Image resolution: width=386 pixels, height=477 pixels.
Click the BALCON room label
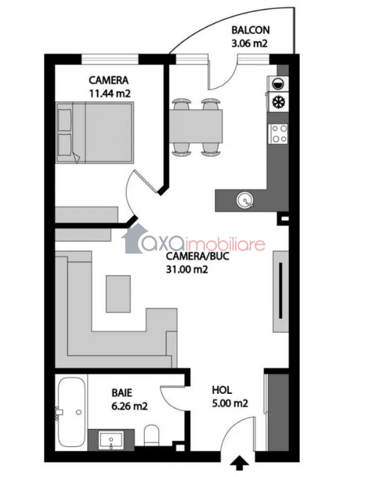pos(250,30)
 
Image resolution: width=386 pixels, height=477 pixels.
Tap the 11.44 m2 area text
pos(110,93)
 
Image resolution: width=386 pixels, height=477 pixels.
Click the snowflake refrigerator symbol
pos(277,102)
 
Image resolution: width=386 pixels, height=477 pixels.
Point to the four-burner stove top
pos(279,133)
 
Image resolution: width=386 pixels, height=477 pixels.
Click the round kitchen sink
pos(245,200)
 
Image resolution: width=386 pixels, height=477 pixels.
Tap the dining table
pos(195,126)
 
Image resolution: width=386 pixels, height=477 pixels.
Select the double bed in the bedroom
pos(95,132)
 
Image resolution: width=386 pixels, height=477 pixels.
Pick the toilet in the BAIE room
pos(151,435)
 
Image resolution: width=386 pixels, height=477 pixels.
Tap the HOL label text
pos(222,390)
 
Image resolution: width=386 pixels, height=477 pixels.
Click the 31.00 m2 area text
pos(187,269)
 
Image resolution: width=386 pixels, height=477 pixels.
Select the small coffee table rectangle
pos(118,293)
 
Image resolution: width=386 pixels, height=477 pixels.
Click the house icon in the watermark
pos(134,239)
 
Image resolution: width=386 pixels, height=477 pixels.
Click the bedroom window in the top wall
pos(110,58)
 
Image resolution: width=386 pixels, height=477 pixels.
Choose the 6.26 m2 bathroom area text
pos(129,406)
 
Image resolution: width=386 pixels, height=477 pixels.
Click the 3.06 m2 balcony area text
pos(249,43)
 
